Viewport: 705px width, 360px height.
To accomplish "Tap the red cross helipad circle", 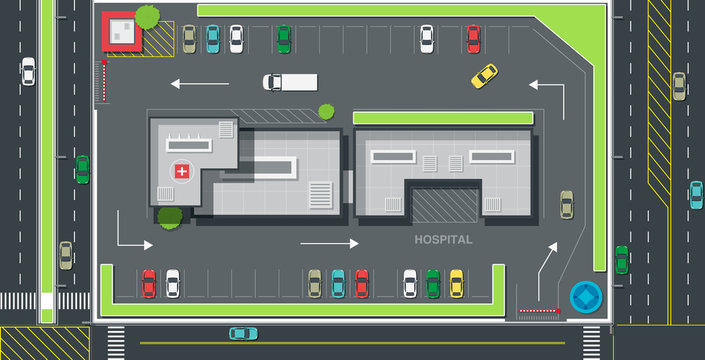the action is coord(181,171).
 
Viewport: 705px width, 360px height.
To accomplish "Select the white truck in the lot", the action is coord(290,82).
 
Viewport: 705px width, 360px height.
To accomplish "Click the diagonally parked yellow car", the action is coord(484,76).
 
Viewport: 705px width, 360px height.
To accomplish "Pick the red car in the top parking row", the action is coord(473,39).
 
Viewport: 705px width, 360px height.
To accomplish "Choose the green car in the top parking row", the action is coord(284,39).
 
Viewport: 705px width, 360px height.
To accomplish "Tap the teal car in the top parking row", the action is coord(212,39).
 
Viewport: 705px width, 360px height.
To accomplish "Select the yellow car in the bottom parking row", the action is coord(456,283).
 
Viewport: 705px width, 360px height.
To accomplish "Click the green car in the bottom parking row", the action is coord(433,283).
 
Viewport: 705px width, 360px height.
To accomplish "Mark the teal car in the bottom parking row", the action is coord(338,283).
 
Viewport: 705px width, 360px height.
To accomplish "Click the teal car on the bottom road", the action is coord(243,333).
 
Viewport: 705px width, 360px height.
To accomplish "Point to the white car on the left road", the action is coord(28,71).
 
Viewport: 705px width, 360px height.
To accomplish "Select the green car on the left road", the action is coord(82,168).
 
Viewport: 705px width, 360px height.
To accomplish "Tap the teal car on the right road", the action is coord(695,194).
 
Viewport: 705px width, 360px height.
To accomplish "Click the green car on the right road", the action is coord(621,259).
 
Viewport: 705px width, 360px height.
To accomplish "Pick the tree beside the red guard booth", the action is coord(147,17).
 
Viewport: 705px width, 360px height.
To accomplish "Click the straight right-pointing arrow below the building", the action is coord(328,243).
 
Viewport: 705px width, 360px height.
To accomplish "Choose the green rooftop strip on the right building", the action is coord(442,118).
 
